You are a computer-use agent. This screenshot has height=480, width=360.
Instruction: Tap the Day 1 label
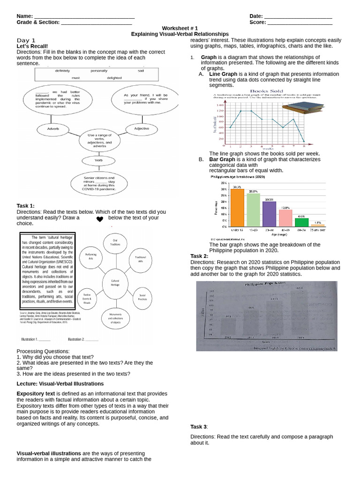26,40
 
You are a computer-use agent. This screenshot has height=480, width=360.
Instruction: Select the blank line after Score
300,22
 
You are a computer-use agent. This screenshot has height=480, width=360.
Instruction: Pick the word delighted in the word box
114,78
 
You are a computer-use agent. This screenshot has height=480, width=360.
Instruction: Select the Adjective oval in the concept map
142,128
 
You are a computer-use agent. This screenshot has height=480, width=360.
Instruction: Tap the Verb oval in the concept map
98,160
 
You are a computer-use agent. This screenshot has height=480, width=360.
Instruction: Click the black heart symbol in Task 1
99,219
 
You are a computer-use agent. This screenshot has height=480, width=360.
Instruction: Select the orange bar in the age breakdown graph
237,207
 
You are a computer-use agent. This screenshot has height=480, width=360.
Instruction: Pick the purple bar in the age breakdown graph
269,214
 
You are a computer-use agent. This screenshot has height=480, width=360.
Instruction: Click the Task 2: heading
199,256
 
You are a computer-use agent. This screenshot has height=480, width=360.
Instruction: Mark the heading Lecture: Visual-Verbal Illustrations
60,383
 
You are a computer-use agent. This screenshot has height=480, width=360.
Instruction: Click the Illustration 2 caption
83,339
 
